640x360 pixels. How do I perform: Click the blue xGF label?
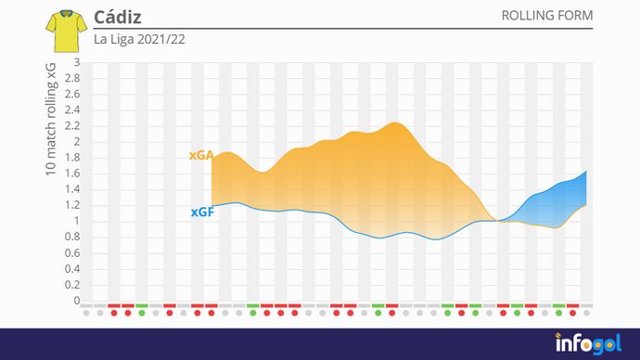click(202, 212)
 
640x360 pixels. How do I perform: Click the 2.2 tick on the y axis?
click(72, 126)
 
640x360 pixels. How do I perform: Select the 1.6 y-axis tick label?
click(72, 174)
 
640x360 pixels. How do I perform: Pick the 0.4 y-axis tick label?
click(72, 269)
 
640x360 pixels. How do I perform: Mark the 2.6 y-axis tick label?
click(72, 95)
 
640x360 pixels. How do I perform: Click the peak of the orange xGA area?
click(393, 122)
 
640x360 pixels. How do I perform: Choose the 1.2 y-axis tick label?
click(72, 206)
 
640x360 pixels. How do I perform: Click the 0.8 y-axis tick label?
click(72, 238)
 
